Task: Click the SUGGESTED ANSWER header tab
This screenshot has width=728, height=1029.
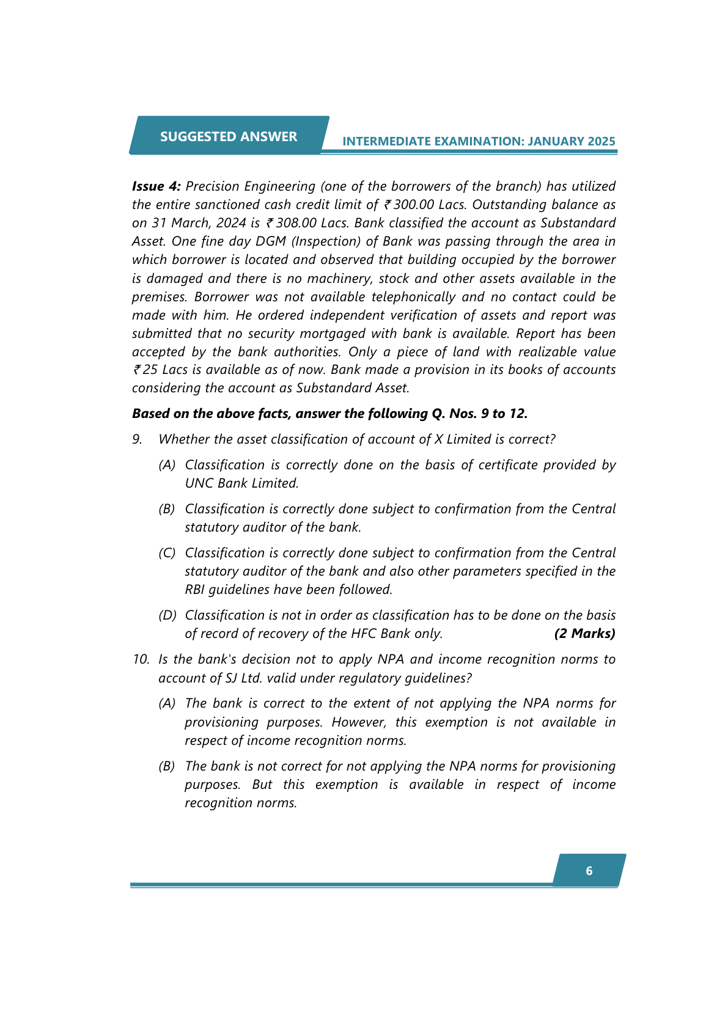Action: tap(229, 136)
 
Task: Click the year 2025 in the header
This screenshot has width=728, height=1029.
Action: tap(601, 141)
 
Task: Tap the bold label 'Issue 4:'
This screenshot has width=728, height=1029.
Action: tap(156, 186)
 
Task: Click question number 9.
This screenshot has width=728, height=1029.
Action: tap(138, 439)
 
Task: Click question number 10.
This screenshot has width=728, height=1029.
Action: tap(141, 659)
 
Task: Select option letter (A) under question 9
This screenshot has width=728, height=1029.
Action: tap(167, 465)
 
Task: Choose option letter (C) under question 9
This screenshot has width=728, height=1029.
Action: tap(167, 553)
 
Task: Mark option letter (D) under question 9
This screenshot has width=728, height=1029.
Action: tap(167, 615)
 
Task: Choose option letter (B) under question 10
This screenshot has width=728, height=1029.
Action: tap(167, 766)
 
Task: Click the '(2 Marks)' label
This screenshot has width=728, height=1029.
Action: tap(584, 634)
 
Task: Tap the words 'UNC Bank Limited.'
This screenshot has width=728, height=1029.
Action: tap(241, 483)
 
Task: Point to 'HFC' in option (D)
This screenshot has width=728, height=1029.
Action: tap(363, 634)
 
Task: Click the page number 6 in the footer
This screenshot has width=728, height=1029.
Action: tap(589, 871)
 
